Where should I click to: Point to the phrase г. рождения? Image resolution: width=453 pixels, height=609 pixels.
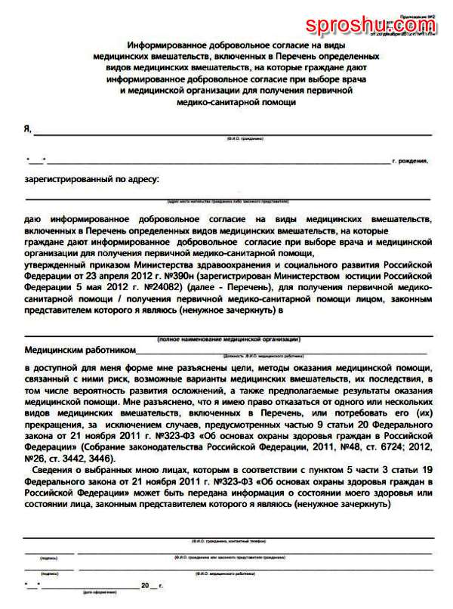[411, 161]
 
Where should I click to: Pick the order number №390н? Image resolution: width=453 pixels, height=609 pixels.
[185, 277]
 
